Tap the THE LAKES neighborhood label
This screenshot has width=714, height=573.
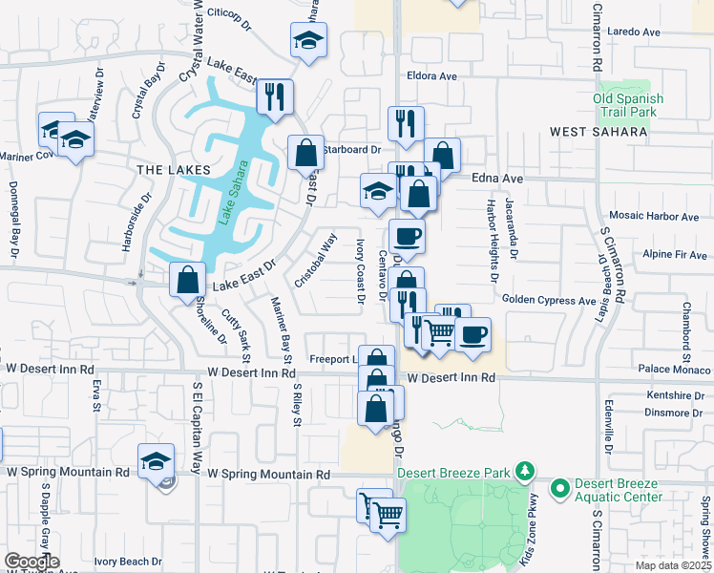click(173, 170)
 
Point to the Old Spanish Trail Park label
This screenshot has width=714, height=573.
click(625, 105)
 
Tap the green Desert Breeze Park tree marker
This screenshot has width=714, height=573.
click(523, 471)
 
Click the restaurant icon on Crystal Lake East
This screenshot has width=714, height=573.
click(275, 96)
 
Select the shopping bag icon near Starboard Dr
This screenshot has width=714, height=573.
click(305, 153)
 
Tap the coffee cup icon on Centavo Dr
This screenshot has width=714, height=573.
click(406, 237)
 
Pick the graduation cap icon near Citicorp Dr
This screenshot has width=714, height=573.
click(308, 40)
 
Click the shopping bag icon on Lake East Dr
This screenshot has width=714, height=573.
click(187, 281)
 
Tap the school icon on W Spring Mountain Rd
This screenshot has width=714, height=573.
click(156, 461)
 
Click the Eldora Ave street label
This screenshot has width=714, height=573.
click(432, 75)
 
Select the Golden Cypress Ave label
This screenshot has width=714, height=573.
click(549, 301)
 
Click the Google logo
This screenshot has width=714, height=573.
click(31, 562)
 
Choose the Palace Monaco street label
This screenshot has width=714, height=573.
click(674, 369)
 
